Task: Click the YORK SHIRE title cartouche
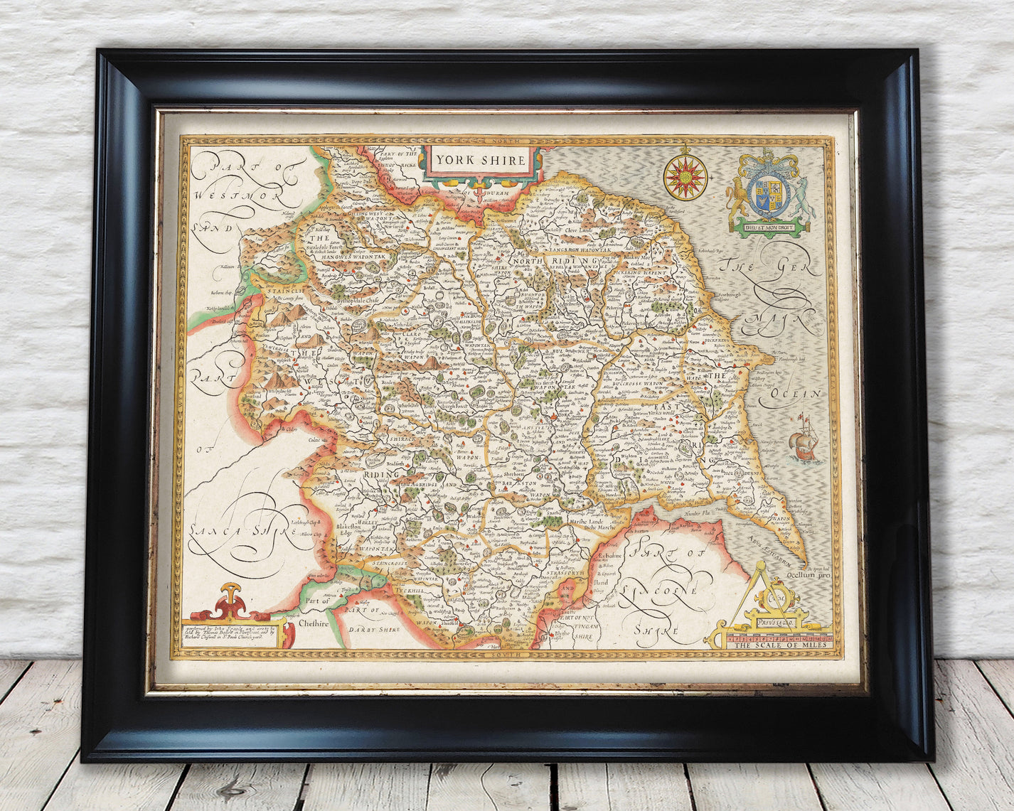coord(481,160)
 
